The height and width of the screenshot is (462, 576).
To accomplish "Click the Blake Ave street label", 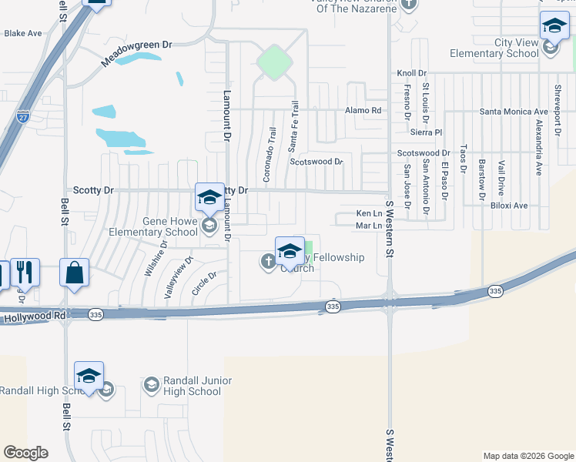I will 23,34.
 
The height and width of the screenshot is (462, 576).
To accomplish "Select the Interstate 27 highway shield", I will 23,118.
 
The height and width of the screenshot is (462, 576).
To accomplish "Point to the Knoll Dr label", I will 406,73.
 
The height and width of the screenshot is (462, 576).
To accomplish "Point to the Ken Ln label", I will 369,213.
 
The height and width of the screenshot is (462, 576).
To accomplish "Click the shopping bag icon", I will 74,273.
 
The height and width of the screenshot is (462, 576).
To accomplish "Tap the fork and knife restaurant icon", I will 25,272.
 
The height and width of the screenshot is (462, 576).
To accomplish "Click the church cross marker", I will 268,263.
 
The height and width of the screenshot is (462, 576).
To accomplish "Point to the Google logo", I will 25,453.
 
